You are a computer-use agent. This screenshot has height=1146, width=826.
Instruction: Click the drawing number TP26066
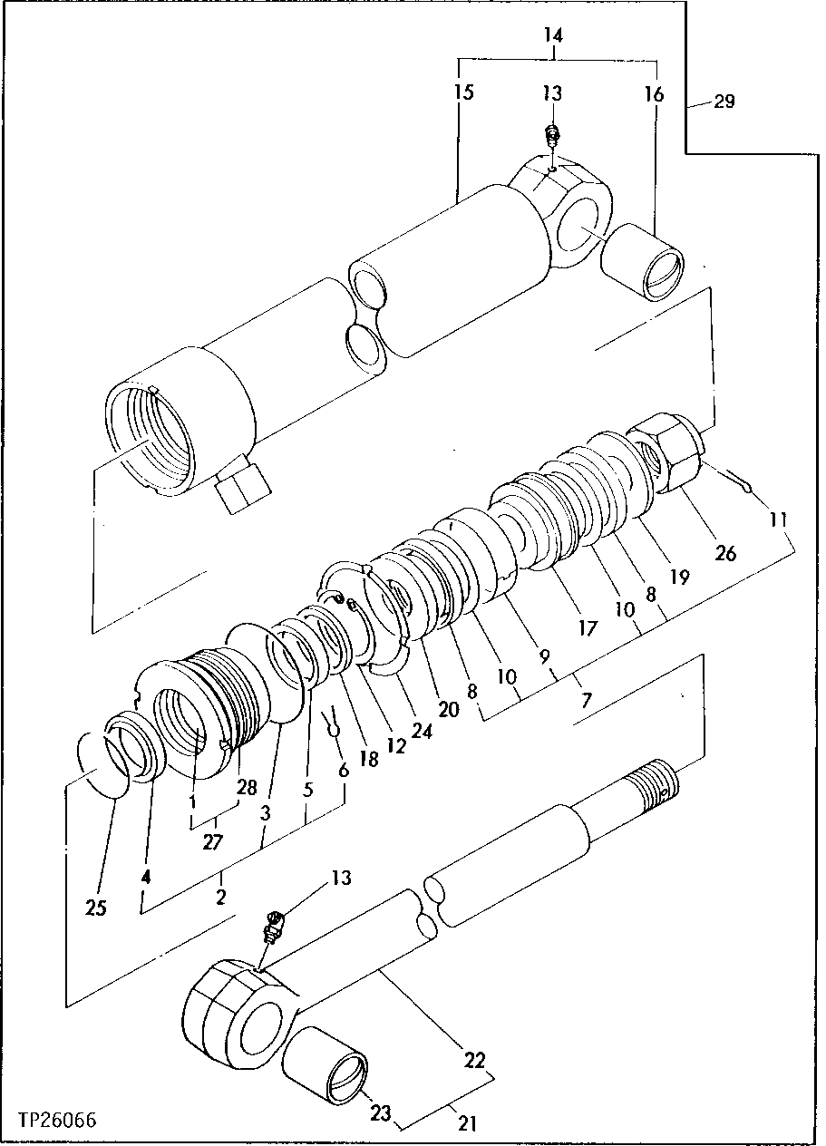click(56, 1122)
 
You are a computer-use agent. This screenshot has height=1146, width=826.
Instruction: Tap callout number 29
click(724, 102)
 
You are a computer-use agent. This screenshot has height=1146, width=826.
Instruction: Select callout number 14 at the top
click(554, 36)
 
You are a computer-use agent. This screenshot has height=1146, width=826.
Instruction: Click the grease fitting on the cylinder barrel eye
click(551, 138)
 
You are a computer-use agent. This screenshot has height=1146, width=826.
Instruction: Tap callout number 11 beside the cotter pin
click(779, 521)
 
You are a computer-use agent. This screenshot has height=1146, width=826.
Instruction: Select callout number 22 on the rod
click(475, 1060)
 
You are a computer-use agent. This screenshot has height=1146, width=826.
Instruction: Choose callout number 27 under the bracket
click(212, 842)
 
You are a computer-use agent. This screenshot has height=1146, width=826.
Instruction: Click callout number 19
click(680, 575)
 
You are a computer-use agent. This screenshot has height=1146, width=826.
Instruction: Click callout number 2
click(221, 897)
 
